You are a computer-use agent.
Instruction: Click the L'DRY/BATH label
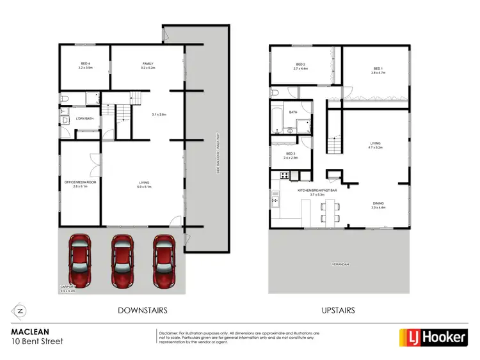pos(84,119)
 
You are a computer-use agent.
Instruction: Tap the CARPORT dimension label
pos(68,288)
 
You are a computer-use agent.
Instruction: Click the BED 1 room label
pos(378,70)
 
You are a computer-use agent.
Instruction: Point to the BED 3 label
pos(290,155)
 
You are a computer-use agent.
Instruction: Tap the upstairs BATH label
pos(293,113)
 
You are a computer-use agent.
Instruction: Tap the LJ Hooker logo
pos(433,337)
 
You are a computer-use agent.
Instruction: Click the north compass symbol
pos(20,311)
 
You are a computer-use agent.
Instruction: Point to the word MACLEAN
pos(30,333)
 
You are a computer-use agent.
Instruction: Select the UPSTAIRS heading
pos(339,311)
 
